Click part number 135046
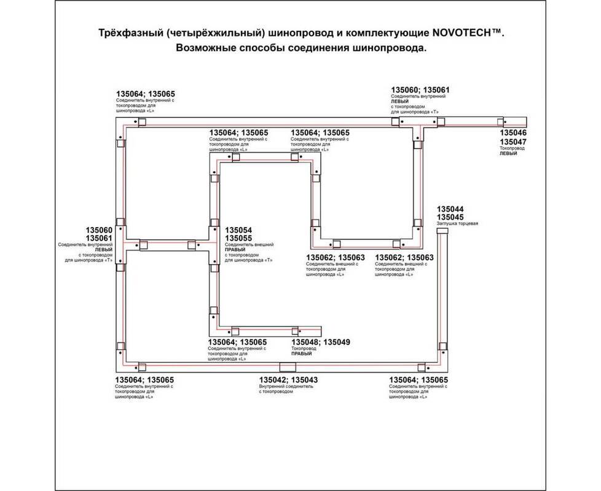(x=513, y=133)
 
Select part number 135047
(x=513, y=141)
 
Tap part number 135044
(x=450, y=209)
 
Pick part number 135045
(x=450, y=217)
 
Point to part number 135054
(x=239, y=230)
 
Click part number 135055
(x=239, y=238)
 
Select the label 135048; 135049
(x=320, y=342)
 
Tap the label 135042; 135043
(x=288, y=381)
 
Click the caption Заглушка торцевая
(x=457, y=225)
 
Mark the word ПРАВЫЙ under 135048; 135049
(x=302, y=354)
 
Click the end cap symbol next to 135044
(x=443, y=235)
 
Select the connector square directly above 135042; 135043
(x=283, y=367)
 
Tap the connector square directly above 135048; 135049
(x=295, y=330)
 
